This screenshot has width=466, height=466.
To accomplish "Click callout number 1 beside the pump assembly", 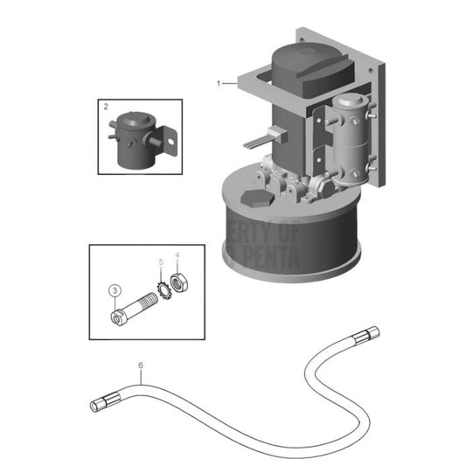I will click(x=219, y=82).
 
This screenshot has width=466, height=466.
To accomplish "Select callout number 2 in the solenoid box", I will click(x=106, y=107).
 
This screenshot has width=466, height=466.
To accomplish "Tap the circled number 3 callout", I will click(x=114, y=289).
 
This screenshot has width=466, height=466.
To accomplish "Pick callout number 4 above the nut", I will click(x=177, y=256).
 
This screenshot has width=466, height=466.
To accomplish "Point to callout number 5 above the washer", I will click(x=160, y=262).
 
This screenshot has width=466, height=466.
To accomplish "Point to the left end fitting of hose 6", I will click(x=100, y=405).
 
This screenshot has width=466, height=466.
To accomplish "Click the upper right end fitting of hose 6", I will click(x=368, y=333).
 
